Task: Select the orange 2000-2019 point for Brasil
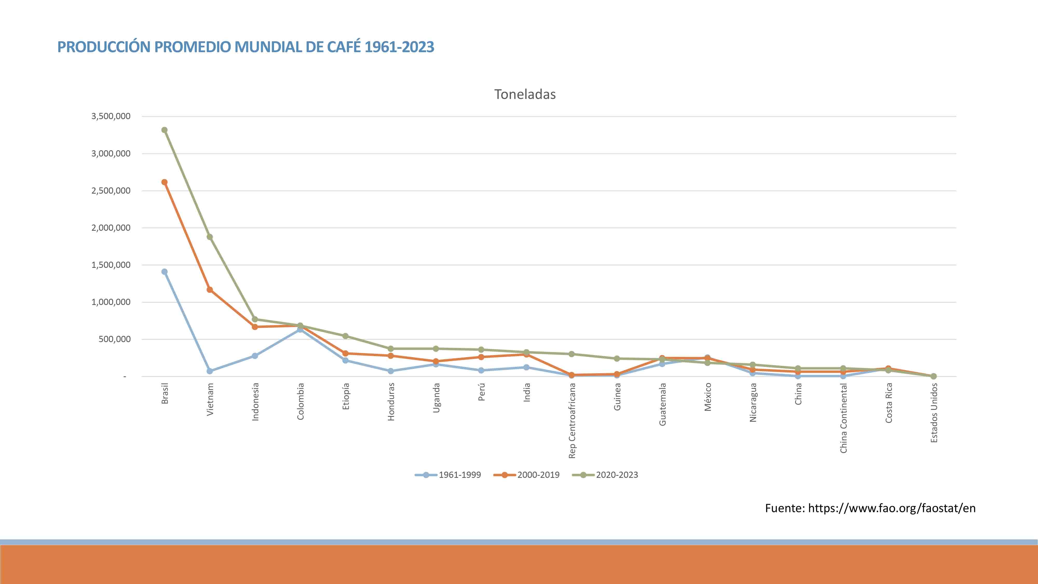pos(165,182)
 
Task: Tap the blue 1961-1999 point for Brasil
pos(165,272)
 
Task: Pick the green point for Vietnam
pos(209,237)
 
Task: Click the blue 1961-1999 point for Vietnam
pos(209,371)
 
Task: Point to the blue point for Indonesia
pos(255,356)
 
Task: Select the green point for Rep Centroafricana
pos(571,354)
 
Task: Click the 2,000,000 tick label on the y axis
pos(111,228)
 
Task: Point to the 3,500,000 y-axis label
pos(111,116)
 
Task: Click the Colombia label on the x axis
pos(300,402)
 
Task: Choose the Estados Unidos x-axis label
pos(934,413)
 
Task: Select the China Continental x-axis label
pos(843,418)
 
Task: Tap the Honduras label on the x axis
pos(391,402)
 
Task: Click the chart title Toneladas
pos(525,94)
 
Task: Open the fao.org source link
pos(891,508)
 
